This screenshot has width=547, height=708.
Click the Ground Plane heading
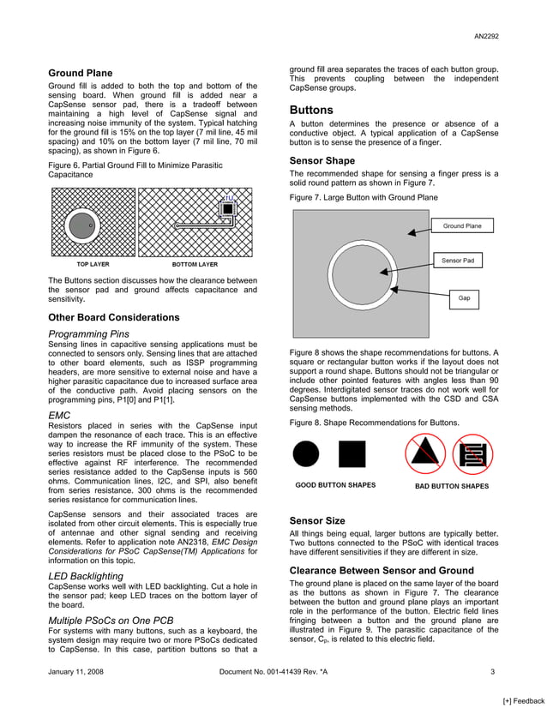(80, 74)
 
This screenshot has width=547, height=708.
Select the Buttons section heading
(311, 111)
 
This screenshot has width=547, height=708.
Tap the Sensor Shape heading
(322, 160)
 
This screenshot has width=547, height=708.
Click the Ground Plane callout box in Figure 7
(461, 226)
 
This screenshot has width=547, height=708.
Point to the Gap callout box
(464, 298)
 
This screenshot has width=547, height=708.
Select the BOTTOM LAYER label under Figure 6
(195, 265)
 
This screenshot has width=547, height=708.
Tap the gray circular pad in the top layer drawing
(81, 226)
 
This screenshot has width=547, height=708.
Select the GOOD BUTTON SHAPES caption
(335, 486)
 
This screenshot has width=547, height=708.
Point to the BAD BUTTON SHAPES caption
(452, 486)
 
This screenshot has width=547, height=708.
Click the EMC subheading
(59, 415)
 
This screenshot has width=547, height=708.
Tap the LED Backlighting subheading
(86, 575)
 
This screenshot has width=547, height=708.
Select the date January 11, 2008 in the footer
(75, 672)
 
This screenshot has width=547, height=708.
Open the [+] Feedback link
(523, 701)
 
